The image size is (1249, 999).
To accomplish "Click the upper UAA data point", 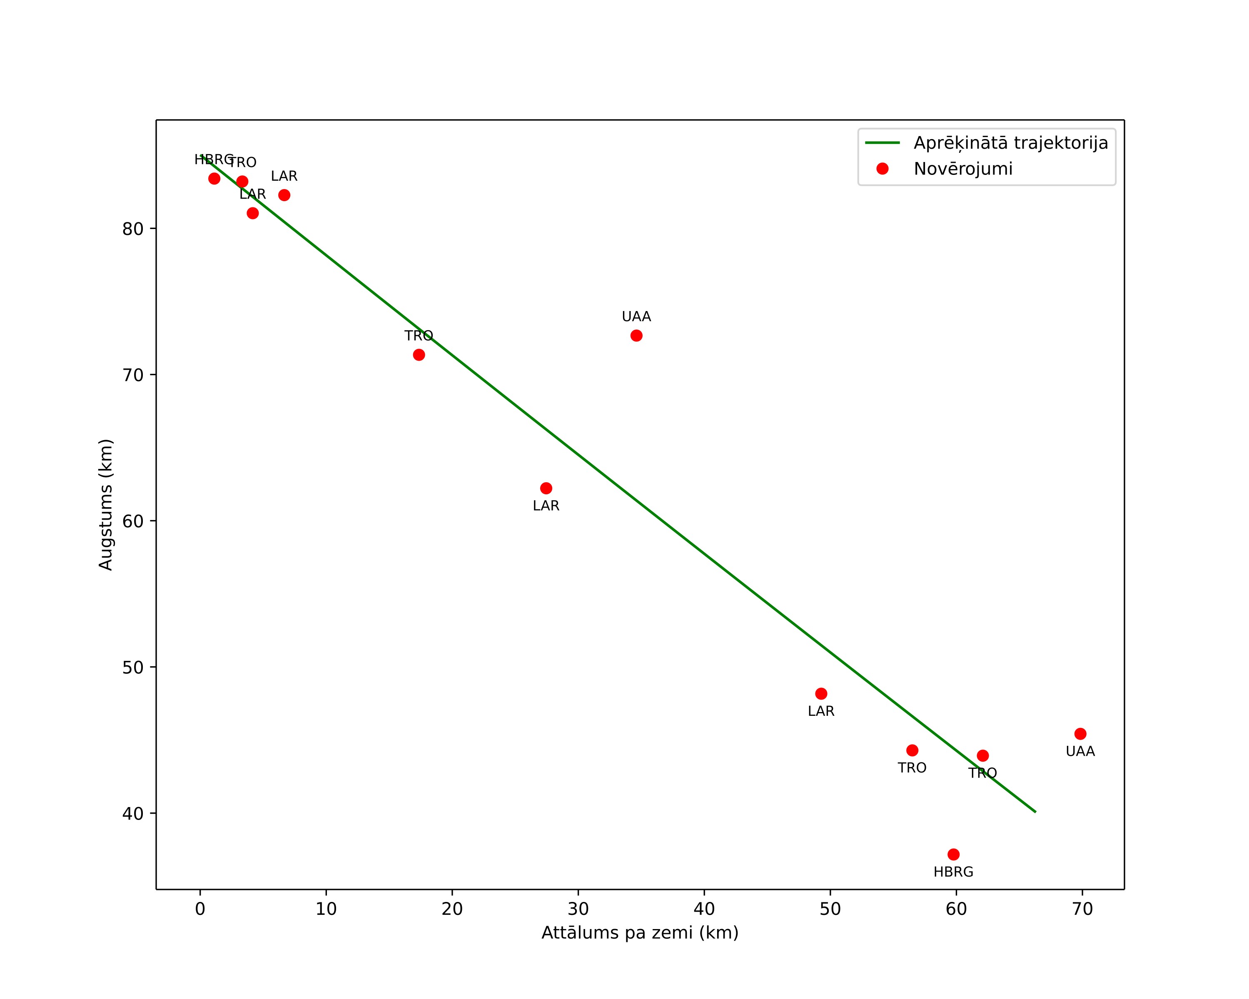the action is tap(636, 335).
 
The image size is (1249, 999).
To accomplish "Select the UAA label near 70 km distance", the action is tap(1080, 752).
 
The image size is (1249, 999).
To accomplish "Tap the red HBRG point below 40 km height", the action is tap(954, 854).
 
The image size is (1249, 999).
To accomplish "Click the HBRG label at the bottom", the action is tap(954, 872).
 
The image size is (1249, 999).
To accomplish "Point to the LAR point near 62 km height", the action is tap(546, 488).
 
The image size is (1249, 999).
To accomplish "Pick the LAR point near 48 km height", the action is tap(821, 694).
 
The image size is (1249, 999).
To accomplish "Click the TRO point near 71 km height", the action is tap(419, 354).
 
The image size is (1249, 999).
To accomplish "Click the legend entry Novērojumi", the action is tap(963, 169).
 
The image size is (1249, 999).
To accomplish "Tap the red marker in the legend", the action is tap(882, 169).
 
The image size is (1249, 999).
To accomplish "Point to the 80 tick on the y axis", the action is tap(153, 229).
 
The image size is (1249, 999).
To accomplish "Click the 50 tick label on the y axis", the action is tap(133, 667).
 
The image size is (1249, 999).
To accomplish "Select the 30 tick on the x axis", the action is tap(578, 892).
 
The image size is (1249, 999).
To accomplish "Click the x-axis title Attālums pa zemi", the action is tap(640, 933).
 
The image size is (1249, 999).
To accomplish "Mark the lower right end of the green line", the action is tap(1035, 812).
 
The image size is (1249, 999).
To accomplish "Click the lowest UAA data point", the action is tap(1080, 734).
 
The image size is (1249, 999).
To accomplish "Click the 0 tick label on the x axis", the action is tap(200, 909).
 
